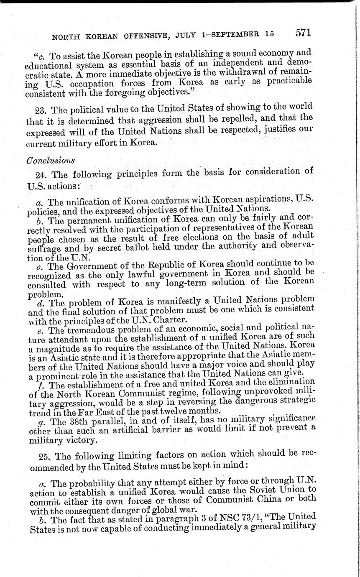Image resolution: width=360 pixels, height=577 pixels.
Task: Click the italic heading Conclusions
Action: [51, 160]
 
